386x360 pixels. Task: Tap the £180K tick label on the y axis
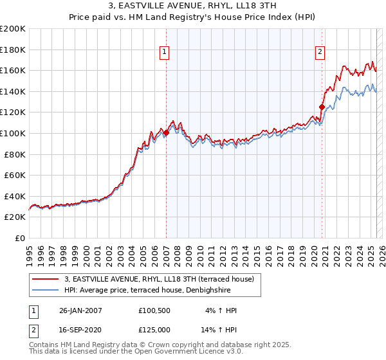pyautogui.click(x=13, y=50)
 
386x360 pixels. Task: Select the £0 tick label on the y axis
pyautogui.click(x=21, y=238)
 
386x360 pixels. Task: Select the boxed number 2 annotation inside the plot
pyautogui.click(x=320, y=53)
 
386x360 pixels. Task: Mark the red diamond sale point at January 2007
pyautogui.click(x=166, y=133)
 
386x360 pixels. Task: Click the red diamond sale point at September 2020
pyautogui.click(x=321, y=107)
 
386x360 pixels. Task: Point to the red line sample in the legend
pyautogui.click(x=46, y=279)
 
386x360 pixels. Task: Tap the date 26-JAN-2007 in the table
pyautogui.click(x=80, y=311)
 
